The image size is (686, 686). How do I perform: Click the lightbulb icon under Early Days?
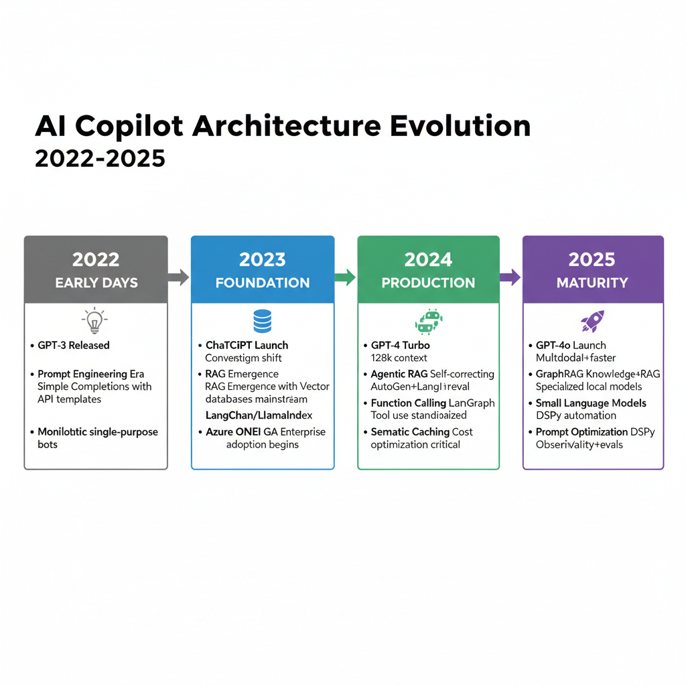coord(96,322)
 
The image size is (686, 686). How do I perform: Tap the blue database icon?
coord(263,321)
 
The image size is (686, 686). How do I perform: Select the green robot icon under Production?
coord(428,322)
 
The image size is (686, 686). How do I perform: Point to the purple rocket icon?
coord(593,322)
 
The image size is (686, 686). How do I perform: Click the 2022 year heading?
coord(96,260)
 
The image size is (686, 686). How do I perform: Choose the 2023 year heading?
coord(263,260)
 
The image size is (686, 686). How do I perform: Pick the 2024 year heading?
coord(428,260)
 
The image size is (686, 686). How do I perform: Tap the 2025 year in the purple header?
coord(593,260)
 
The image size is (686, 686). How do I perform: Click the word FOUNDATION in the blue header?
coord(263,283)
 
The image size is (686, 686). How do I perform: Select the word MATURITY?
coord(593,283)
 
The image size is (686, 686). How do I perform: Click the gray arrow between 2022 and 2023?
coord(179,277)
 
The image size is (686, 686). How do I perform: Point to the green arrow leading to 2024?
coord(345,277)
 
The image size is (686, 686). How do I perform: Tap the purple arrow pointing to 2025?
coord(510,277)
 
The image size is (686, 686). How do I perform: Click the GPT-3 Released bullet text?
coord(74,346)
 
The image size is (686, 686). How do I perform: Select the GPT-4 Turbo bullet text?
coord(401,346)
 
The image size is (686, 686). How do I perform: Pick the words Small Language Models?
coord(591,403)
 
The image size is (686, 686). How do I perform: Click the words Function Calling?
coord(408,403)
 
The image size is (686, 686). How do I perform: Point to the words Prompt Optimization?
coord(581,432)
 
